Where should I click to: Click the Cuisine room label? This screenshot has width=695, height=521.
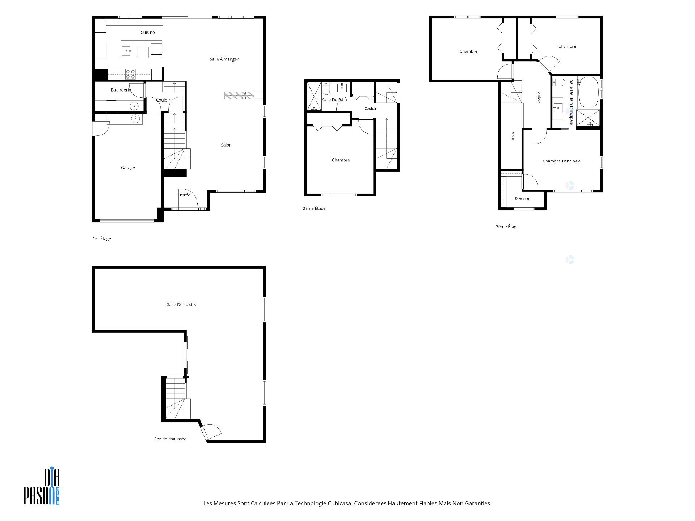148,33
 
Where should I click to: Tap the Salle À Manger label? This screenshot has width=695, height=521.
224,59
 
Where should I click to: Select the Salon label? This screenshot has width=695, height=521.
226,145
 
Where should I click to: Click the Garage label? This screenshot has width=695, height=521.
128,168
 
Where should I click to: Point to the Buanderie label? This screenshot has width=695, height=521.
121,90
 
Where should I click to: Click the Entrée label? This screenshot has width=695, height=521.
184,195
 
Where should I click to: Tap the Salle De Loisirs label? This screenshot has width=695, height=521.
181,305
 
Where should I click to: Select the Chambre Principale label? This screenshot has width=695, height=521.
561,161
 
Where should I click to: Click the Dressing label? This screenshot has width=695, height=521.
522,198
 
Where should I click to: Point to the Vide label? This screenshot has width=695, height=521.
513,136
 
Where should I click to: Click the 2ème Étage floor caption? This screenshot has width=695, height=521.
314,208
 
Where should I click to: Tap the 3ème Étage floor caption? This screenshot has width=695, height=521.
507,227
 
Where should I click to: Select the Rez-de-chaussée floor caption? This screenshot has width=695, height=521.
170,439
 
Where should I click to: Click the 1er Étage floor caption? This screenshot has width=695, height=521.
102,238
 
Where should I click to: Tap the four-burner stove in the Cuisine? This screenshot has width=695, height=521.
130,74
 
